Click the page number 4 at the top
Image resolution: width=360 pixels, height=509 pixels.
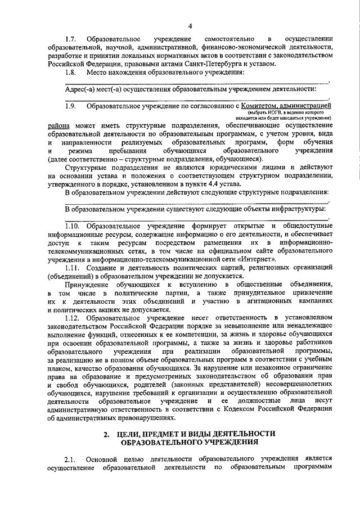point(190,26)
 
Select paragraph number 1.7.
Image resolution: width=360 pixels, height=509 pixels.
point(70,39)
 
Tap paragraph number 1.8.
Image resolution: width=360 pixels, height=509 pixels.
point(70,73)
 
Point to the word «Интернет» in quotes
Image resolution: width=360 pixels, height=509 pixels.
point(259,259)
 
